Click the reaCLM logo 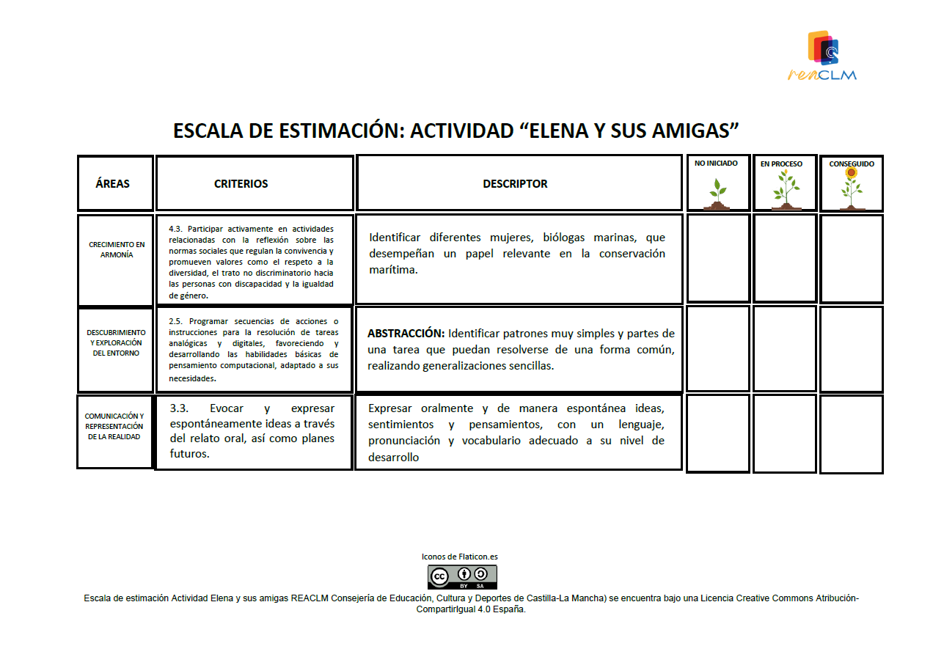coord(822,54)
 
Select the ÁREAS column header coord(112,183)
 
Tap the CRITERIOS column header coord(241,184)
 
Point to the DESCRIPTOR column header coord(515,184)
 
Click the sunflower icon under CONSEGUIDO coord(851,188)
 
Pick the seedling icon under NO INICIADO coord(718,193)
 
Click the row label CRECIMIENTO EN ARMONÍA coord(117,250)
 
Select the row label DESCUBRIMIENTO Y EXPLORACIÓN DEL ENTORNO coord(116,342)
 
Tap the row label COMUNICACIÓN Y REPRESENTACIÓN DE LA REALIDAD coord(114,426)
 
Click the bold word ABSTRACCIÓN coord(406,334)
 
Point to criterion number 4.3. coord(176,229)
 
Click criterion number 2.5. coord(175,321)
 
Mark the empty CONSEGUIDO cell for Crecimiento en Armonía coord(851,258)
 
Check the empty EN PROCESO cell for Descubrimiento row coord(785,349)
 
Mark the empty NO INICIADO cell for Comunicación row coord(718,433)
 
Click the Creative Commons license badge coord(462,577)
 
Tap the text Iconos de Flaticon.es coord(460,557)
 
